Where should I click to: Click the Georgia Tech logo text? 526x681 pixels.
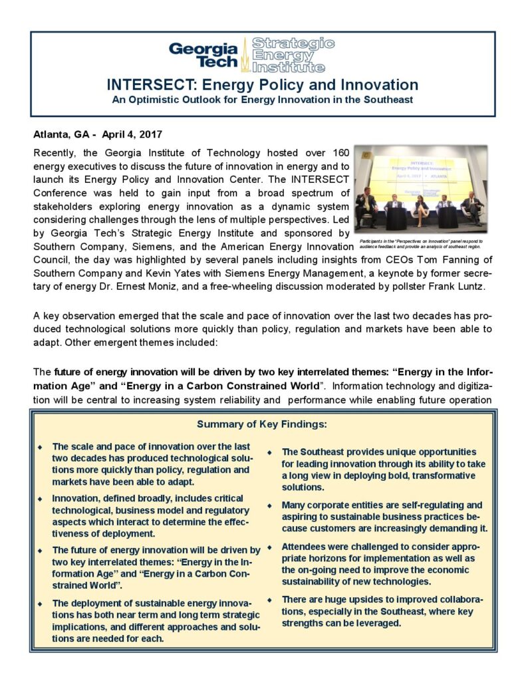point(203,55)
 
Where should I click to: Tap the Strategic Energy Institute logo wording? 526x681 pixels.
point(293,55)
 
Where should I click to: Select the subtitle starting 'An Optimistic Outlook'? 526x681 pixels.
point(263,100)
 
